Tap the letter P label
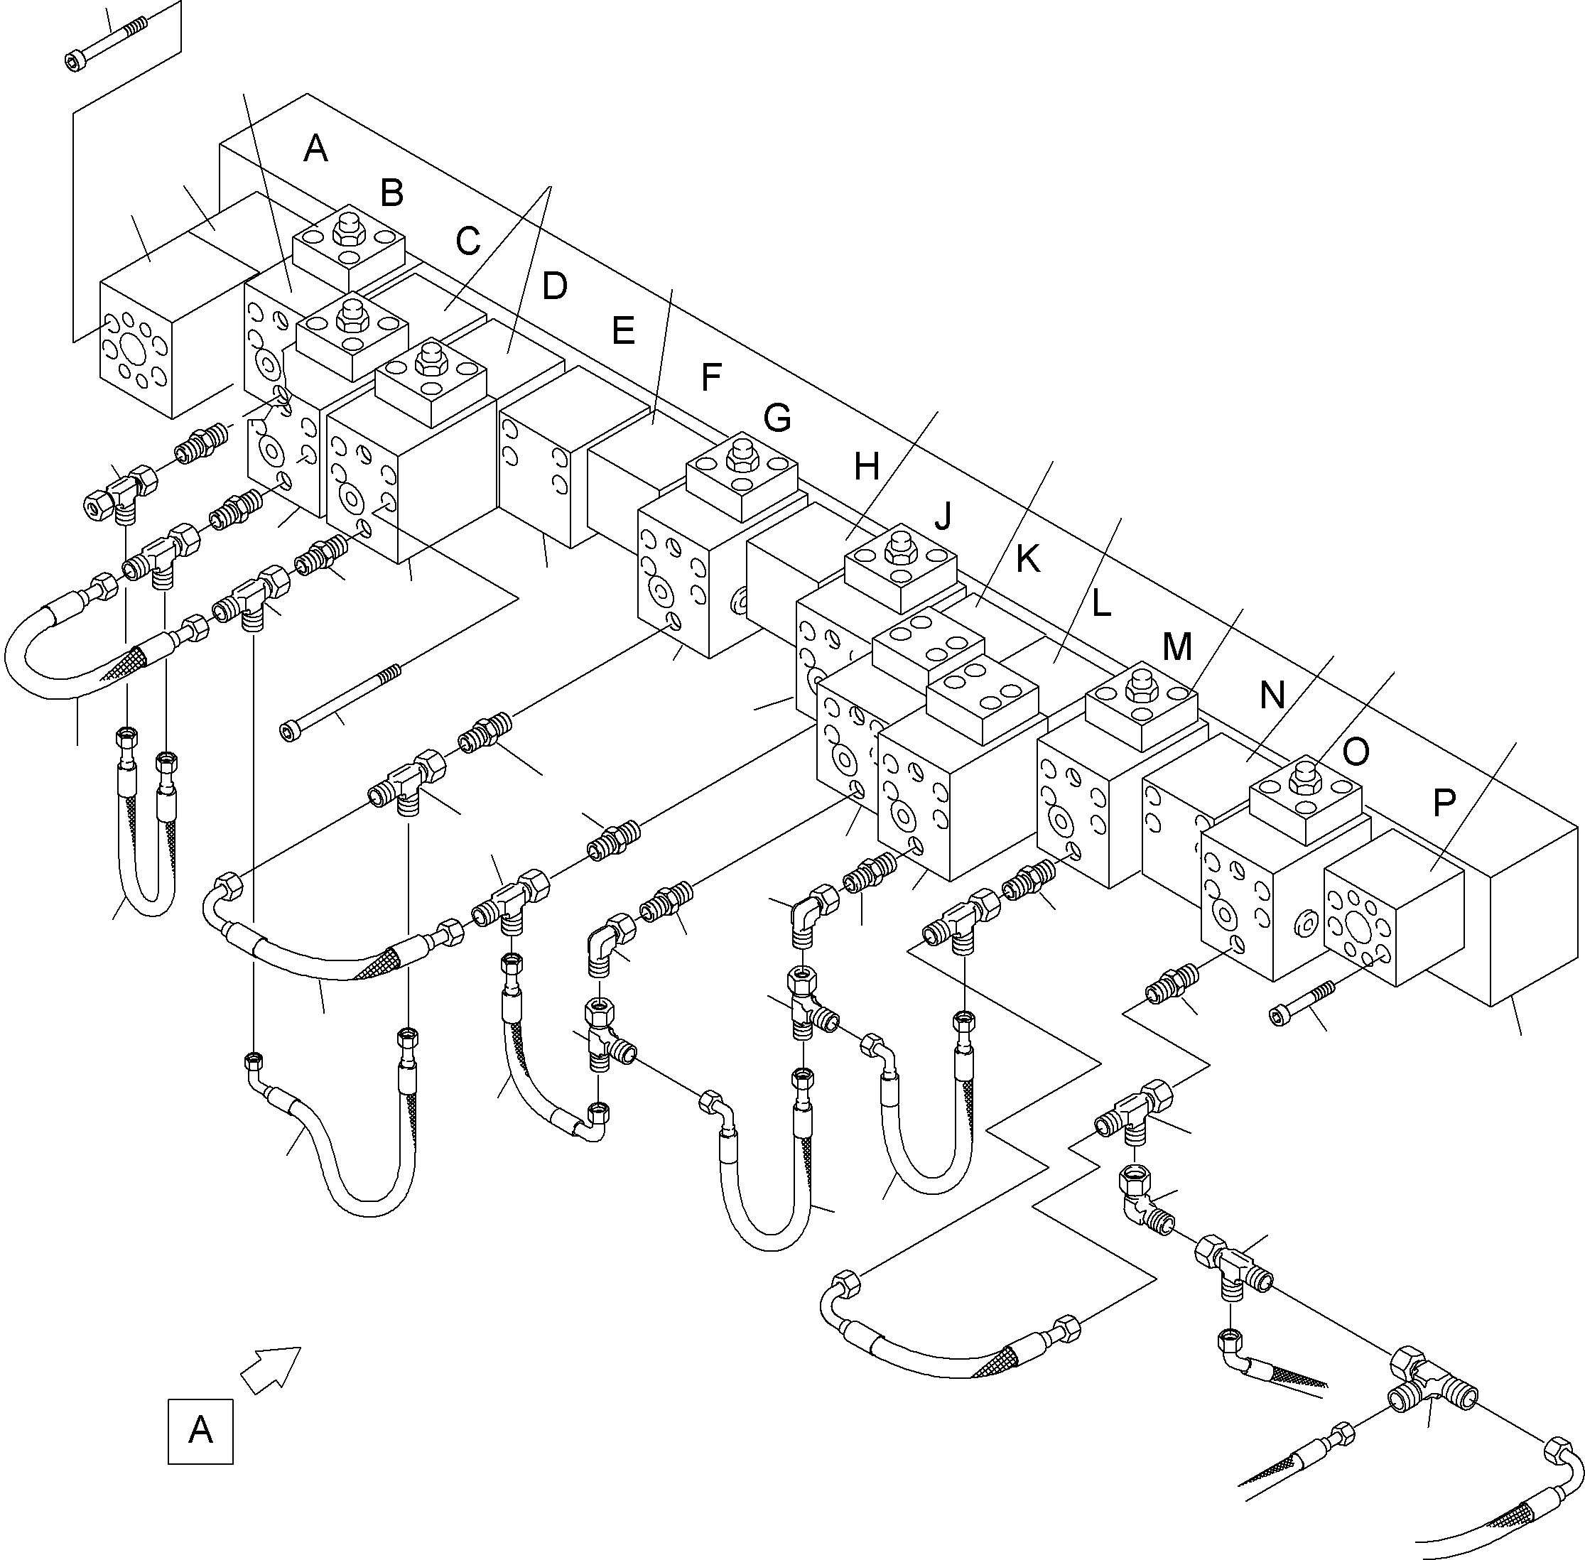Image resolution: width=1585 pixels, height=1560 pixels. pos(1444,803)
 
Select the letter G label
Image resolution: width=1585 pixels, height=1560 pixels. pos(777,418)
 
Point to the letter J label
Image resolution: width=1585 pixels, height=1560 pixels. pos(944,516)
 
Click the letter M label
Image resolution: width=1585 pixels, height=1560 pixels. pos(1177,647)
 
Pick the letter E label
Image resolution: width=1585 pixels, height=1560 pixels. pos(623,331)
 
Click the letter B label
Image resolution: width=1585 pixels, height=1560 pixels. pos(391,193)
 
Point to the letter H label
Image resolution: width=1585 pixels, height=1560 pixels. pos(866,467)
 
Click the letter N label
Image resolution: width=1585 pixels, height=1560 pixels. pos(1272,695)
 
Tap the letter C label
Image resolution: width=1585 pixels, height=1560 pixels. pos(467,241)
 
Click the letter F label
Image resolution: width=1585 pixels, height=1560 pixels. pos(710,378)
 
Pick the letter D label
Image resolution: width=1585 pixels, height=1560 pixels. pos(554,287)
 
